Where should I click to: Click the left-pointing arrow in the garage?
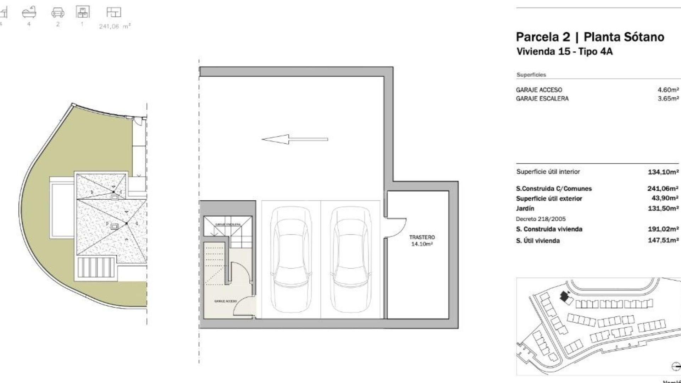[294, 139]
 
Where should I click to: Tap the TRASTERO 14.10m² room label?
[422, 240]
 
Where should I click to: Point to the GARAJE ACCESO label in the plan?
[225, 301]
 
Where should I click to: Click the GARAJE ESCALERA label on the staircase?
[228, 224]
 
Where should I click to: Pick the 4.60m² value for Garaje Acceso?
[668, 90]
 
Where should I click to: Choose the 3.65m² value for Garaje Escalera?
[668, 99]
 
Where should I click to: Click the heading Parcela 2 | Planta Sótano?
[590, 37]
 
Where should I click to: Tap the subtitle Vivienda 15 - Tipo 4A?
[564, 51]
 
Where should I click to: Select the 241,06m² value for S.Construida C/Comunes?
[663, 189]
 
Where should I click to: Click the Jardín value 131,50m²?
[663, 209]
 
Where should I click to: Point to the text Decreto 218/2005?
[541, 219]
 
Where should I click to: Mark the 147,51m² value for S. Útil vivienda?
[663, 240]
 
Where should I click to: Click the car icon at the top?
[58, 13]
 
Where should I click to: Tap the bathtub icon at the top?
[29, 12]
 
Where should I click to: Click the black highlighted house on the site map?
[564, 296]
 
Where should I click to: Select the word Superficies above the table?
[531, 75]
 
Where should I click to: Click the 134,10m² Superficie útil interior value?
[663, 172]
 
